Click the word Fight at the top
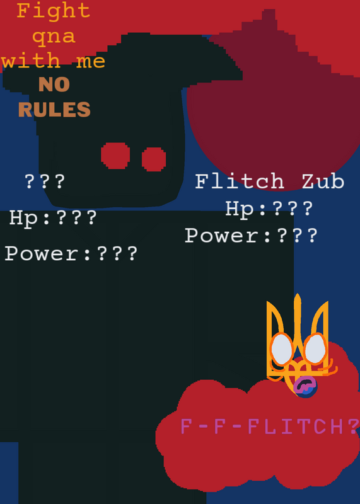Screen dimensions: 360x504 click(53, 11)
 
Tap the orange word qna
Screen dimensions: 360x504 click(54, 37)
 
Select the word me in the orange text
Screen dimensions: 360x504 click(91, 61)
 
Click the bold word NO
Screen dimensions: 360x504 click(54, 84)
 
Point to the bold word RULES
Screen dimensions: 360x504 click(54, 109)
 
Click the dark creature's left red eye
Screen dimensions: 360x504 click(115, 156)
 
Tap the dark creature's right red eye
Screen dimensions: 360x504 click(154, 159)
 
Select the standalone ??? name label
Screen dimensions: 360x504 click(45, 181)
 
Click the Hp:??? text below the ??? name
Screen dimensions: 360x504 click(53, 219)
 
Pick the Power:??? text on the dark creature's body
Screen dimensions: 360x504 click(71, 253)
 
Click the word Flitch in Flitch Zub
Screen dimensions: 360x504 click(240, 181)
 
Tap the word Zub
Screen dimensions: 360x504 click(323, 181)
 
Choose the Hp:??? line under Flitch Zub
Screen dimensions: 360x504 click(269, 209)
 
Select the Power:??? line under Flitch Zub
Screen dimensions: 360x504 click(252, 235)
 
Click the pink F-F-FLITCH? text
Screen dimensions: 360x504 click(270, 427)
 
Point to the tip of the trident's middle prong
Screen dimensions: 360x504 click(298, 294)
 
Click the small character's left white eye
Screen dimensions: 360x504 click(282, 350)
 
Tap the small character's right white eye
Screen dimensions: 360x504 click(315, 348)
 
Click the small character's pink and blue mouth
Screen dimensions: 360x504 click(305, 386)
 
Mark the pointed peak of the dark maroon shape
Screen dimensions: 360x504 click(269, 9)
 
